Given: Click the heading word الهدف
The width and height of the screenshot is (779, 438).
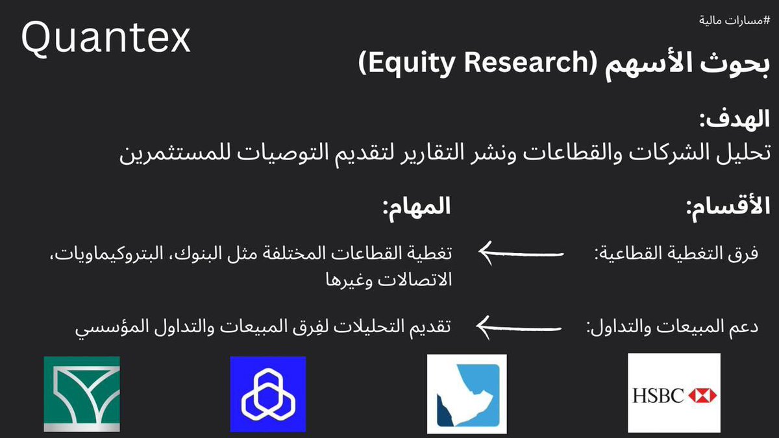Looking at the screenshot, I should [x=735, y=121].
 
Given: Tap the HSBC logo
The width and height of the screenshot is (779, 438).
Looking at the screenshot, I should [x=674, y=393].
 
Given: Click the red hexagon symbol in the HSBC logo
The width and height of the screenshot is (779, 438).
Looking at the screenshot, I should [x=702, y=395].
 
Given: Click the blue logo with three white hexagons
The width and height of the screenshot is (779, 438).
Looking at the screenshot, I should [x=267, y=394].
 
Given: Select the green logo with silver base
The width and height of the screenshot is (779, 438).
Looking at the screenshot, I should [x=82, y=394].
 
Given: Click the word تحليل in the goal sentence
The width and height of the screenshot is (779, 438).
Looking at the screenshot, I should [x=746, y=156].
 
